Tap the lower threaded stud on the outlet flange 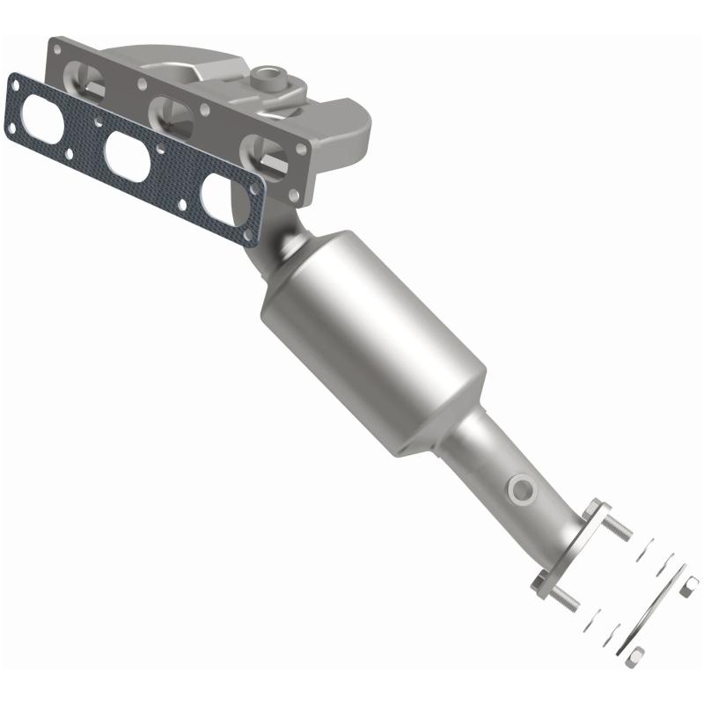tap(564, 599)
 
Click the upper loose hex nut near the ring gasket tap(689, 586)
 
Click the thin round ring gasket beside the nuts tap(656, 611)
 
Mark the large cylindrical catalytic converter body tap(374, 339)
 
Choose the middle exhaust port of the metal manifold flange tap(172, 114)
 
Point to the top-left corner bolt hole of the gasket tap(15, 83)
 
